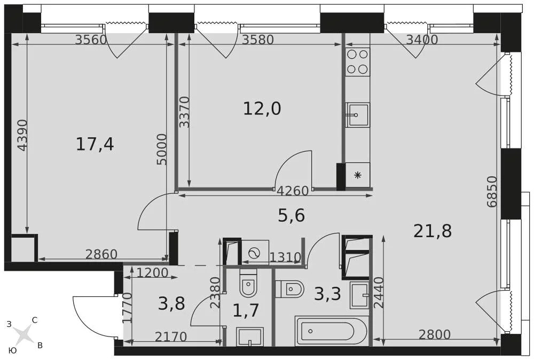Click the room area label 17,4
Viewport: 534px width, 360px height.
coord(95,144)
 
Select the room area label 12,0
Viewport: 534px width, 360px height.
coord(262,109)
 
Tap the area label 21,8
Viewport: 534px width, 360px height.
coord(433,231)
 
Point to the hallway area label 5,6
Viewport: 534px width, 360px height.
coord(291,216)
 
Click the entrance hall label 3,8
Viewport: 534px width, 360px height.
coord(171,304)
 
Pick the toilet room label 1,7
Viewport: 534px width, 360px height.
coord(246,310)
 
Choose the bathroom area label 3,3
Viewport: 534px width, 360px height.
coord(327,294)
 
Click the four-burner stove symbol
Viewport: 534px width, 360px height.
coord(357,61)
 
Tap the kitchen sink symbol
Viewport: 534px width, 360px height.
coord(357,115)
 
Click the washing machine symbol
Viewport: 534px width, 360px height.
coord(255,252)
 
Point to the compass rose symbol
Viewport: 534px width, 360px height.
coord(23,335)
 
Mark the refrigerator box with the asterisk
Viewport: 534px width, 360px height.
coord(357,175)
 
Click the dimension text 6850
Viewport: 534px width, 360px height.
coord(492,191)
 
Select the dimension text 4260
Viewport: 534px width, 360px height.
coord(293,191)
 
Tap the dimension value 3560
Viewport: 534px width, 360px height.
coord(91,40)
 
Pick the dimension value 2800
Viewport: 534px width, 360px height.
coord(434,335)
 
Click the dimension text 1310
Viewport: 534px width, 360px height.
coord(285,257)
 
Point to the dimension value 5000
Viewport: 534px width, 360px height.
coord(162,149)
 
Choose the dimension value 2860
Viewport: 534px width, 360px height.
coord(101,254)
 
